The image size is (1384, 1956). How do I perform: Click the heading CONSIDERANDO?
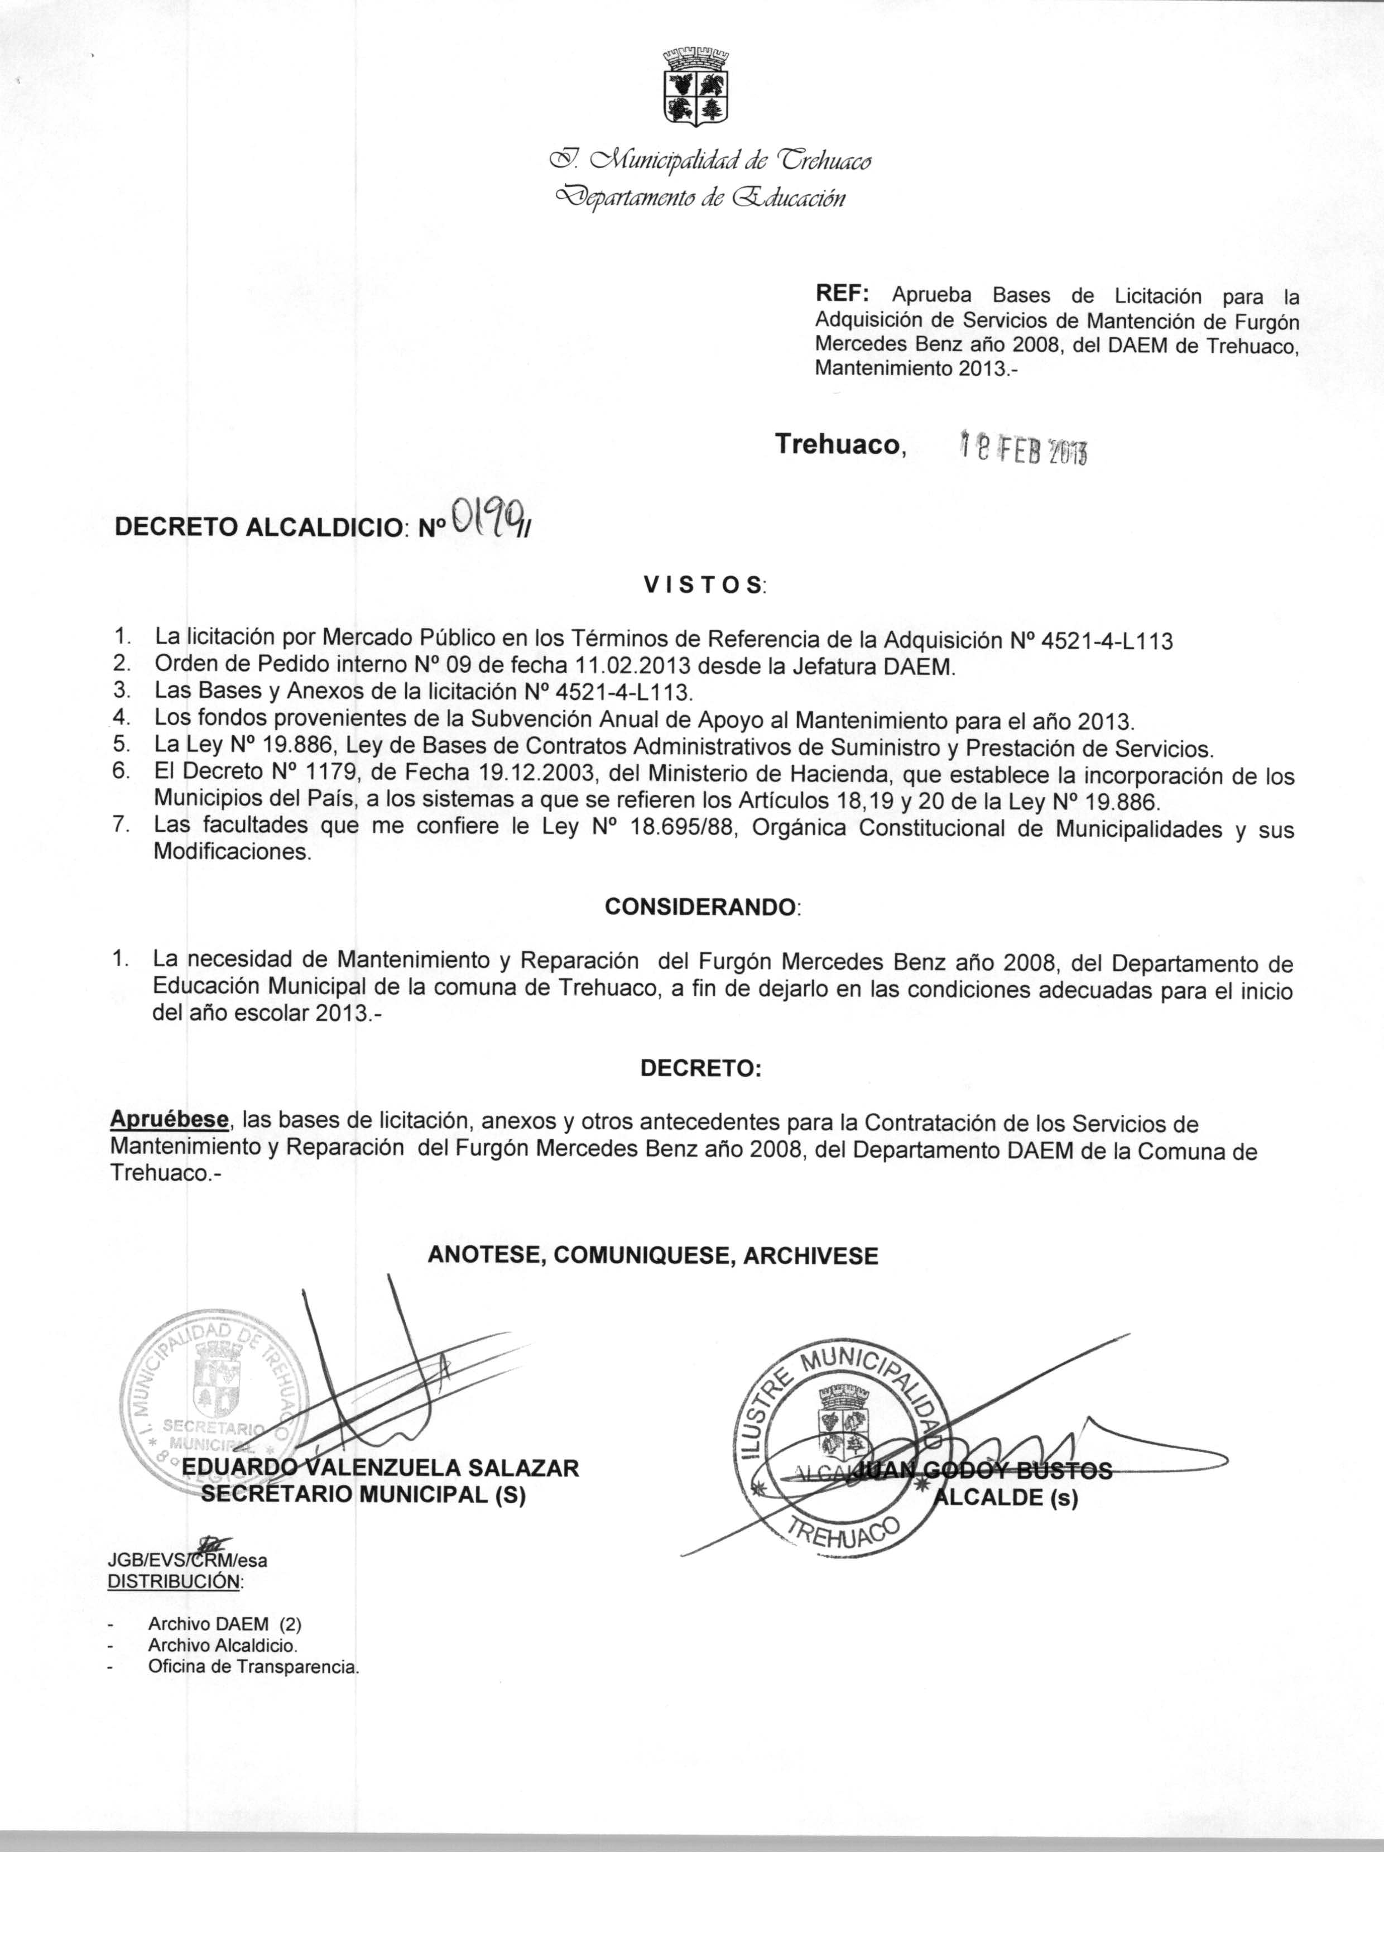[x=702, y=907]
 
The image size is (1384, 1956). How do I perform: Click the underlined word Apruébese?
[x=170, y=1119]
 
